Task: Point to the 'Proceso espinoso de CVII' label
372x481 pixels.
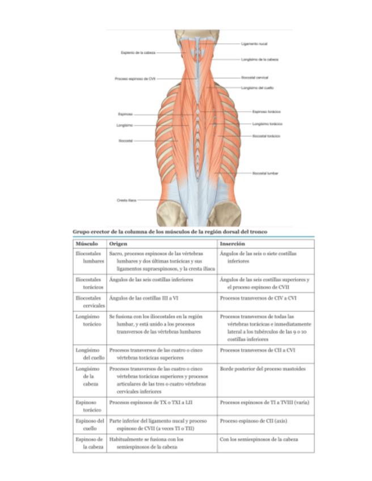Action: point(135,79)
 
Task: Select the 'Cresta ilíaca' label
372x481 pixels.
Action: point(126,200)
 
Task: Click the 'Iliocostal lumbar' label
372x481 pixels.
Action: point(265,172)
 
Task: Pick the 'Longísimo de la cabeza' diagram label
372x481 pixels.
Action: point(259,59)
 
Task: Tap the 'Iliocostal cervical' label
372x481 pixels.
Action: point(255,77)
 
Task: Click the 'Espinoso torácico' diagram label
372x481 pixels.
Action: point(267,112)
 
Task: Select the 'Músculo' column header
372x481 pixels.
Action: point(86,243)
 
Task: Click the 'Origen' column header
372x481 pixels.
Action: point(118,243)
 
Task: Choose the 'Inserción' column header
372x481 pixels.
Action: point(232,243)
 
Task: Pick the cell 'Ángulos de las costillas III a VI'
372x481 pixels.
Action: point(143,297)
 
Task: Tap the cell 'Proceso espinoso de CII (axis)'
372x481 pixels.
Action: point(252,421)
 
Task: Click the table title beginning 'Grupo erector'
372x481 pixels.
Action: point(167,231)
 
